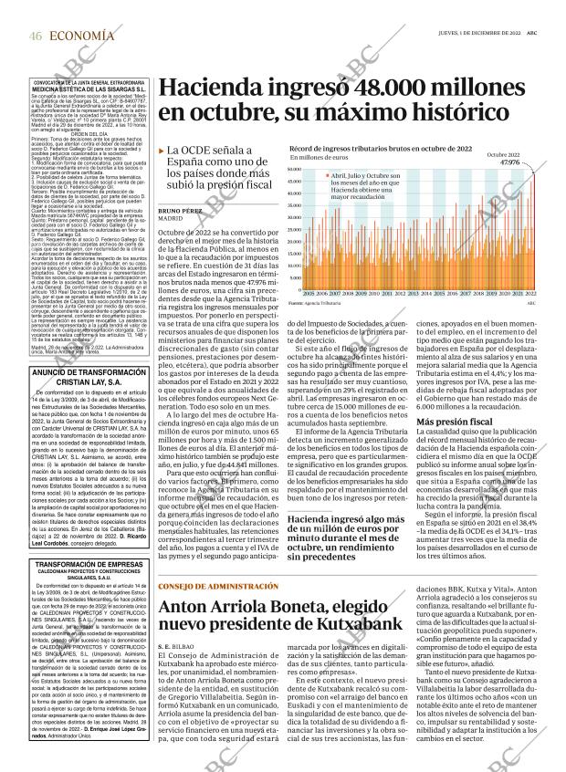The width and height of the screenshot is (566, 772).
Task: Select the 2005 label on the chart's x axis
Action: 309,295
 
